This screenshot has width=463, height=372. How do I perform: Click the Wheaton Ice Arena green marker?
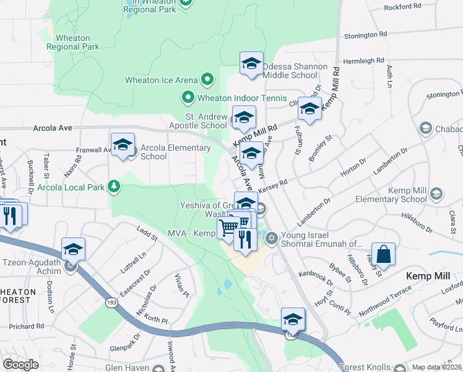207,80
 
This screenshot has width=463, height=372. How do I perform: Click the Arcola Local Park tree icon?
113,185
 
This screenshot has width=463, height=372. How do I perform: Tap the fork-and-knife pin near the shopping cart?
246,239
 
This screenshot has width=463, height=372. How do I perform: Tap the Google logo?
21,364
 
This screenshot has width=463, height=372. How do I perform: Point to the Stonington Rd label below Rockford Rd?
365,35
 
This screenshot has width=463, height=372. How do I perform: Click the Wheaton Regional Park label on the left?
73,42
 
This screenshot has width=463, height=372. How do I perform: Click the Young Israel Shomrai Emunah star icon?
270,238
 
